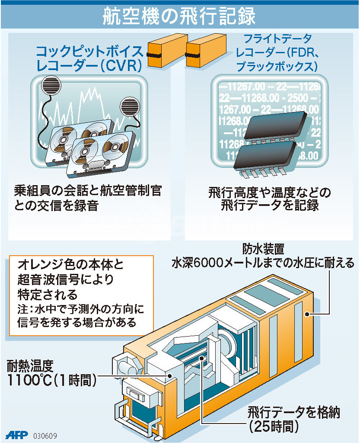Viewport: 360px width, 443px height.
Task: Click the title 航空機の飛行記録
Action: pyautogui.click(x=179, y=16)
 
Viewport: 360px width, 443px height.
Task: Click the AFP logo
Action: pyautogui.click(x=17, y=435)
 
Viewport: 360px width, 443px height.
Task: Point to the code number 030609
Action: pyautogui.click(x=45, y=435)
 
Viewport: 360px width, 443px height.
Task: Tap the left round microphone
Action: pyautogui.click(x=51, y=85)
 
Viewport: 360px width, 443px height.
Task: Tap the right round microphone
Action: pyautogui.click(x=130, y=107)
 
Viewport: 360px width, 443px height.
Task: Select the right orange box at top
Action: pyautogui.click(x=206, y=51)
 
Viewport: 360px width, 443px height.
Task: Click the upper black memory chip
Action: pyautogui.click(x=275, y=125)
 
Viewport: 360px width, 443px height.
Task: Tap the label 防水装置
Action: pyautogui.click(x=263, y=249)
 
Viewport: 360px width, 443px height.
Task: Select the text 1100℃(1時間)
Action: pyautogui.click(x=52, y=380)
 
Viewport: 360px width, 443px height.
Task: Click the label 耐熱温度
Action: pyautogui.click(x=30, y=366)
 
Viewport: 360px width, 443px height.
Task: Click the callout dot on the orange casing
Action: pyautogui.click(x=307, y=314)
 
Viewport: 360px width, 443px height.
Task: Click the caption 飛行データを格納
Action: pyautogui.click(x=294, y=412)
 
